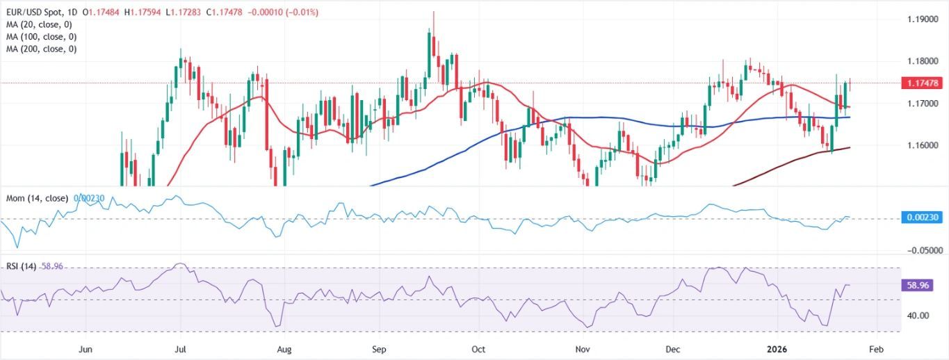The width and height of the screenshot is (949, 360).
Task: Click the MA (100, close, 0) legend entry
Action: coord(41,38)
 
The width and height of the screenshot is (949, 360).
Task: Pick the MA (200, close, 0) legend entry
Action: coord(41,49)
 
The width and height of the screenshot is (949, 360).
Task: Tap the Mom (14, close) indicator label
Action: coord(37,199)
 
